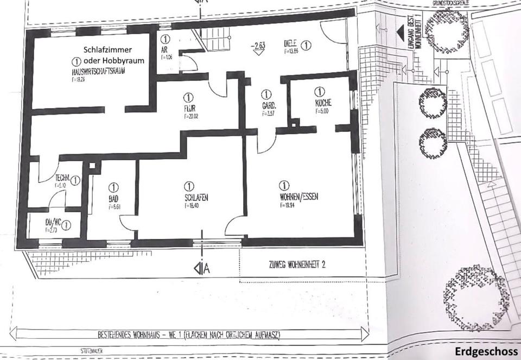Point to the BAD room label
[113, 199]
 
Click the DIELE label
[291, 44]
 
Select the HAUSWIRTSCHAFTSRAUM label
[98, 72]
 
